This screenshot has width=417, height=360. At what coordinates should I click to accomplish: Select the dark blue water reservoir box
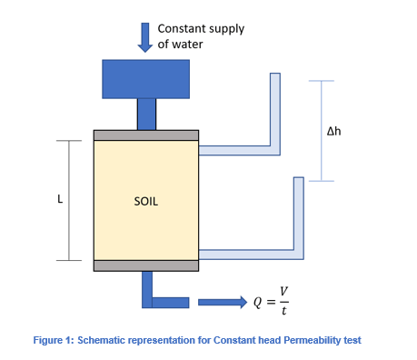pos(145,78)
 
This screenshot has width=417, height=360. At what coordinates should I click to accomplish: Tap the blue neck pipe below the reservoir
pos(146,114)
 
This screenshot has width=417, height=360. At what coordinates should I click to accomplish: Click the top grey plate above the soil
pos(146,135)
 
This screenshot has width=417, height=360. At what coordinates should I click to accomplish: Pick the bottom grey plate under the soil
pos(146,265)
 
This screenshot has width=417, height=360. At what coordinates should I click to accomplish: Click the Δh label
pos(333,131)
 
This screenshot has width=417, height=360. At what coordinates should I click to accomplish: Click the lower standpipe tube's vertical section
pos(298,214)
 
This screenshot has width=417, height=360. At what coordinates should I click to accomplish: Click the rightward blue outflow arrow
pos(222,303)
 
